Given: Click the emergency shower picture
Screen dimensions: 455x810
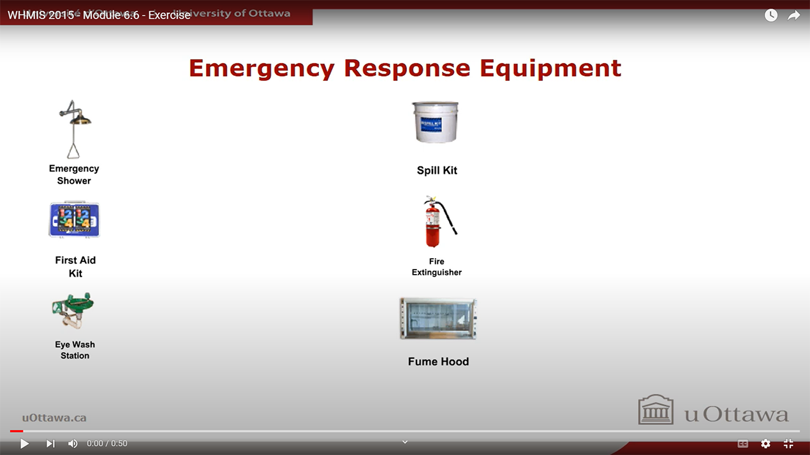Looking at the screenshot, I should [x=74, y=129].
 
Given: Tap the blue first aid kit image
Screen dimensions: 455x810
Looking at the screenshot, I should [x=75, y=219].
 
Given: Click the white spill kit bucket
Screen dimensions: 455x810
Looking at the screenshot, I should [x=436, y=122].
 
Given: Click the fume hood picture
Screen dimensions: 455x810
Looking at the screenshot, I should [x=438, y=319].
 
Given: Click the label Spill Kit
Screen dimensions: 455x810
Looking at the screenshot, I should [x=437, y=170].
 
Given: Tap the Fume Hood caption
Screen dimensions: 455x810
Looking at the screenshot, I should [x=438, y=361].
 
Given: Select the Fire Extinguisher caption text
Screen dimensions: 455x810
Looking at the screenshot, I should [x=437, y=267].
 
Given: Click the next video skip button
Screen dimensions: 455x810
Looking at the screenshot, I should [x=50, y=444].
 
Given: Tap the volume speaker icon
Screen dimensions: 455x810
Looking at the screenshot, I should [x=73, y=444].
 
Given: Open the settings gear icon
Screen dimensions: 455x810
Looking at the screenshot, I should [x=765, y=444].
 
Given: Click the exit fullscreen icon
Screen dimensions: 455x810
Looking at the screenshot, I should [x=788, y=444].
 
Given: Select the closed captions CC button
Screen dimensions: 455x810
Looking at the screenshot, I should [x=743, y=444].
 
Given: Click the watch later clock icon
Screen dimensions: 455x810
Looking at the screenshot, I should [x=771, y=15].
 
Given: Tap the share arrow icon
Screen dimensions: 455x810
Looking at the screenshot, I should [x=793, y=15].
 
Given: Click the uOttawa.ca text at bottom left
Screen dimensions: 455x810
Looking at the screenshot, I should [x=54, y=418].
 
